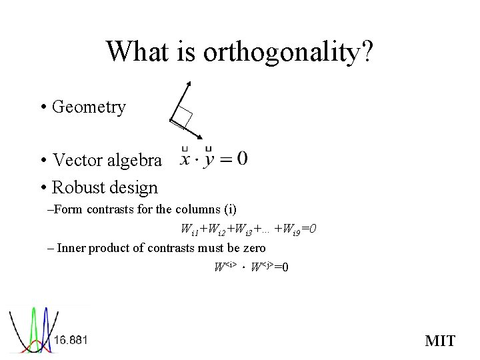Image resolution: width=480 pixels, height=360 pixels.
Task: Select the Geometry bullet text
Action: [89, 107]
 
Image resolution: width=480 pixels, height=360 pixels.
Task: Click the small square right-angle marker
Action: [183, 117]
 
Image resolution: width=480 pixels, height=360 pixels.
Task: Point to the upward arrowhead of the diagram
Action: [189, 84]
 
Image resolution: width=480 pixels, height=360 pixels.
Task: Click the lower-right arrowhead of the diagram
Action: [199, 137]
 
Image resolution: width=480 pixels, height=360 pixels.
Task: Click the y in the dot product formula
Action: [209, 161]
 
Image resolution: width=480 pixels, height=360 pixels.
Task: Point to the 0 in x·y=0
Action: [241, 158]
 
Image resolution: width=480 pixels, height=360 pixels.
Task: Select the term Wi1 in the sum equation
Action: [190, 230]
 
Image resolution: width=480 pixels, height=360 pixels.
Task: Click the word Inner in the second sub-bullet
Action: [71, 248]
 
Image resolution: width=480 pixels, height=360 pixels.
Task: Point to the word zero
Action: [252, 248]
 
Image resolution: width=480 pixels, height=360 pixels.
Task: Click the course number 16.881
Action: [71, 340]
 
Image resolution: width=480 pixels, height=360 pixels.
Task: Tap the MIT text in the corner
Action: [440, 341]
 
